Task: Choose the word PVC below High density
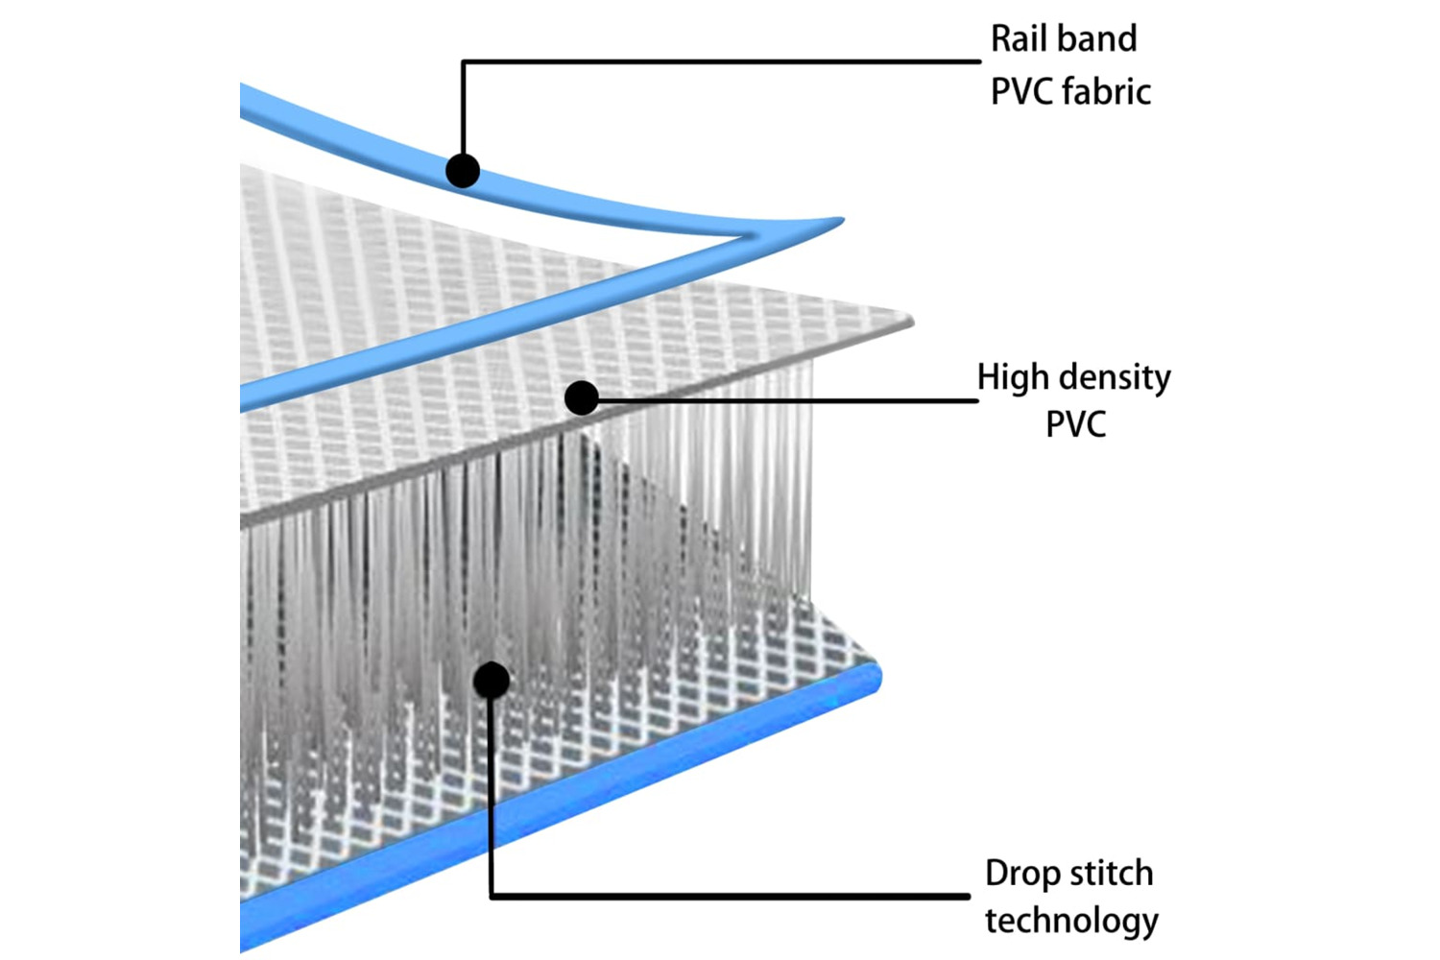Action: pos(1075,424)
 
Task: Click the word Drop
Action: pos(1021,874)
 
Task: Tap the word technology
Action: pos(1071,921)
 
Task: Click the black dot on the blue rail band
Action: pos(463,171)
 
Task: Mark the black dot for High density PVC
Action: pos(582,397)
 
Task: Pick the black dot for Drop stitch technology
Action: pos(492,681)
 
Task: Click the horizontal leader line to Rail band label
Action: pos(720,62)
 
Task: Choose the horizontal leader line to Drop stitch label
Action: pos(730,897)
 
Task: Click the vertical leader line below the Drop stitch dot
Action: pos(492,797)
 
